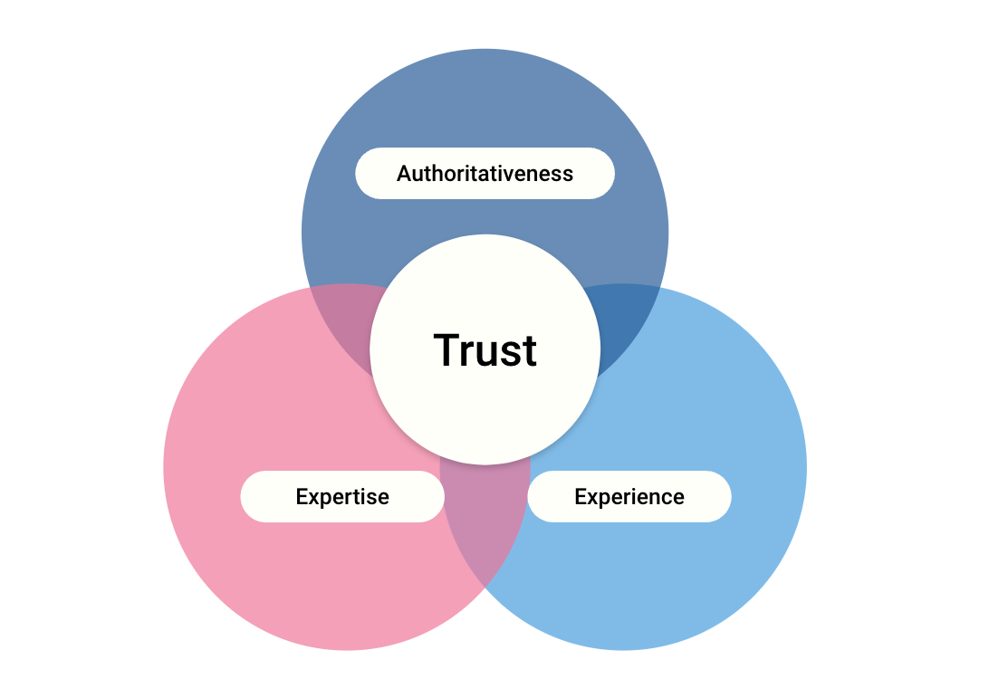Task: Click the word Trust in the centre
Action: (485, 350)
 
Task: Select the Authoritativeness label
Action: (485, 173)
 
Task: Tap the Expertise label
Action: (342, 496)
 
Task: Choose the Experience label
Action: (629, 496)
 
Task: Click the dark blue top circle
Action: (485, 100)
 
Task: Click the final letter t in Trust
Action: (529, 351)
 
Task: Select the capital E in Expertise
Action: (302, 496)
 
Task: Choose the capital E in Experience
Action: (581, 496)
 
